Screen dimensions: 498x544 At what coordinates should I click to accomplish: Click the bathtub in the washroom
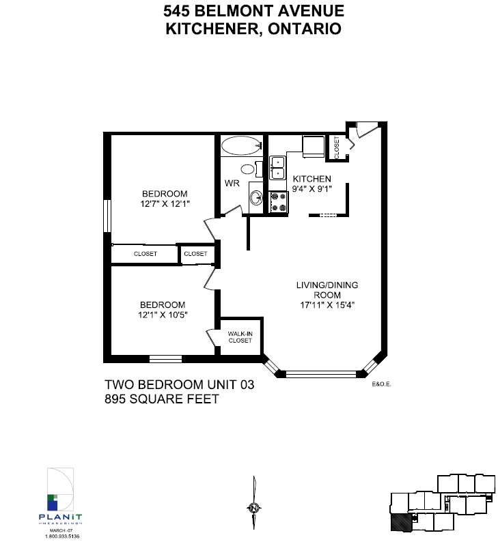(241, 145)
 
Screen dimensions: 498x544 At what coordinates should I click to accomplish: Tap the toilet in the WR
(251, 169)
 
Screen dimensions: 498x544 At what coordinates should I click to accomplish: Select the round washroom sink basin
(256, 198)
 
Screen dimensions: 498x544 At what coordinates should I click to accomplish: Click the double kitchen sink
(278, 168)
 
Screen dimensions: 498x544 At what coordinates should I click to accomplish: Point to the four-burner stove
(279, 202)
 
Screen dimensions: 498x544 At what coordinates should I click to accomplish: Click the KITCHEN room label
(312, 179)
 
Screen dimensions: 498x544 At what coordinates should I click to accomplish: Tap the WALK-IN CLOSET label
(240, 337)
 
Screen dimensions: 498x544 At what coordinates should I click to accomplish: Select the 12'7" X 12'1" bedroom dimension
(165, 203)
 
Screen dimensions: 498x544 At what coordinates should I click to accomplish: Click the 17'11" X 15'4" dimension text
(327, 305)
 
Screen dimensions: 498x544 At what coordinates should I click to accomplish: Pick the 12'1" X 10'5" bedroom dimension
(163, 315)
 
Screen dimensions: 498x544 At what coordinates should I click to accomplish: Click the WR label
(232, 183)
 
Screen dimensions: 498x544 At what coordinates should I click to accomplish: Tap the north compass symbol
(254, 508)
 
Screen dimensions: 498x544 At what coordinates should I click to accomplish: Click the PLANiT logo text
(60, 517)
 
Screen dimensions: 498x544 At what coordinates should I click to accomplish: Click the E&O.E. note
(381, 384)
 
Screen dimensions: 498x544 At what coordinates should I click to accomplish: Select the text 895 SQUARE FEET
(162, 399)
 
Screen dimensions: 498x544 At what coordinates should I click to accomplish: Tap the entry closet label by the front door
(337, 148)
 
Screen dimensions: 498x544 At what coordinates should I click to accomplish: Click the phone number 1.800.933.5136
(62, 536)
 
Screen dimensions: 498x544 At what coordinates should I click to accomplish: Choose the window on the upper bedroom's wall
(107, 216)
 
